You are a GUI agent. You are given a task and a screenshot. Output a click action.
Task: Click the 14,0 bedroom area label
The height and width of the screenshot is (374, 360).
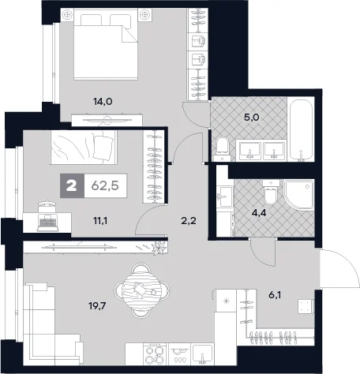tap(103, 101)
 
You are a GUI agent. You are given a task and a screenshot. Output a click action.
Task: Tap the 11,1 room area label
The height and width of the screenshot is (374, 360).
tap(100, 221)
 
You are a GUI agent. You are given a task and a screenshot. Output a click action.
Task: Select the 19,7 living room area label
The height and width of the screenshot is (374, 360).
tap(97, 306)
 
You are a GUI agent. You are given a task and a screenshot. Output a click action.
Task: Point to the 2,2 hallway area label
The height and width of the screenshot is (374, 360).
tap(189, 221)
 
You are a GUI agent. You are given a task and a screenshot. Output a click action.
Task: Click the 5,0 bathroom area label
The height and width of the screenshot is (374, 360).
tap(252, 117)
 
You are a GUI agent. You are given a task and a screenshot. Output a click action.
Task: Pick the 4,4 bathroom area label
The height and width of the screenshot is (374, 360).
tap(258, 212)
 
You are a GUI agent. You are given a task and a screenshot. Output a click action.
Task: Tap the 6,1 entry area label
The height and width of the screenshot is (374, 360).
tap(275, 295)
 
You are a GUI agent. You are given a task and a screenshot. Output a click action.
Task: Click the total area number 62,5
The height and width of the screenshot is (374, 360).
tap(105, 185)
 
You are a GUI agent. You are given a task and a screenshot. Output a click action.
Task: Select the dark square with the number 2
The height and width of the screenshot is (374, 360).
tap(72, 185)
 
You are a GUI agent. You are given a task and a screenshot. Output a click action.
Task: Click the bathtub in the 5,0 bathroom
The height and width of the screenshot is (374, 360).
tap(301, 130)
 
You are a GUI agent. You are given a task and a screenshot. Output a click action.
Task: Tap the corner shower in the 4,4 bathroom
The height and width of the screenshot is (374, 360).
tap(299, 194)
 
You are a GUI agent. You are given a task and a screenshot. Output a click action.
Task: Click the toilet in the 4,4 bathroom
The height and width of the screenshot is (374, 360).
tap(270, 193)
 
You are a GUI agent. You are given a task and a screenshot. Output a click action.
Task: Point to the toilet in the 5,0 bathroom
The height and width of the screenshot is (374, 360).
tap(222, 148)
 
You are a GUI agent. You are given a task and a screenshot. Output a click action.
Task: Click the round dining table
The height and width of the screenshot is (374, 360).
tap(142, 290)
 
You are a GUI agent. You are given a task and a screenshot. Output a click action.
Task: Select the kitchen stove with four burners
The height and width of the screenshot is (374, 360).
tap(155, 355)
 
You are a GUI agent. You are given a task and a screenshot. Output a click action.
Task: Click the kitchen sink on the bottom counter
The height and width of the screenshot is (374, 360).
tap(202, 354)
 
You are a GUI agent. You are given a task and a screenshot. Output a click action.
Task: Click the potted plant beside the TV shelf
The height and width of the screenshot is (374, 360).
tap(159, 248)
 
